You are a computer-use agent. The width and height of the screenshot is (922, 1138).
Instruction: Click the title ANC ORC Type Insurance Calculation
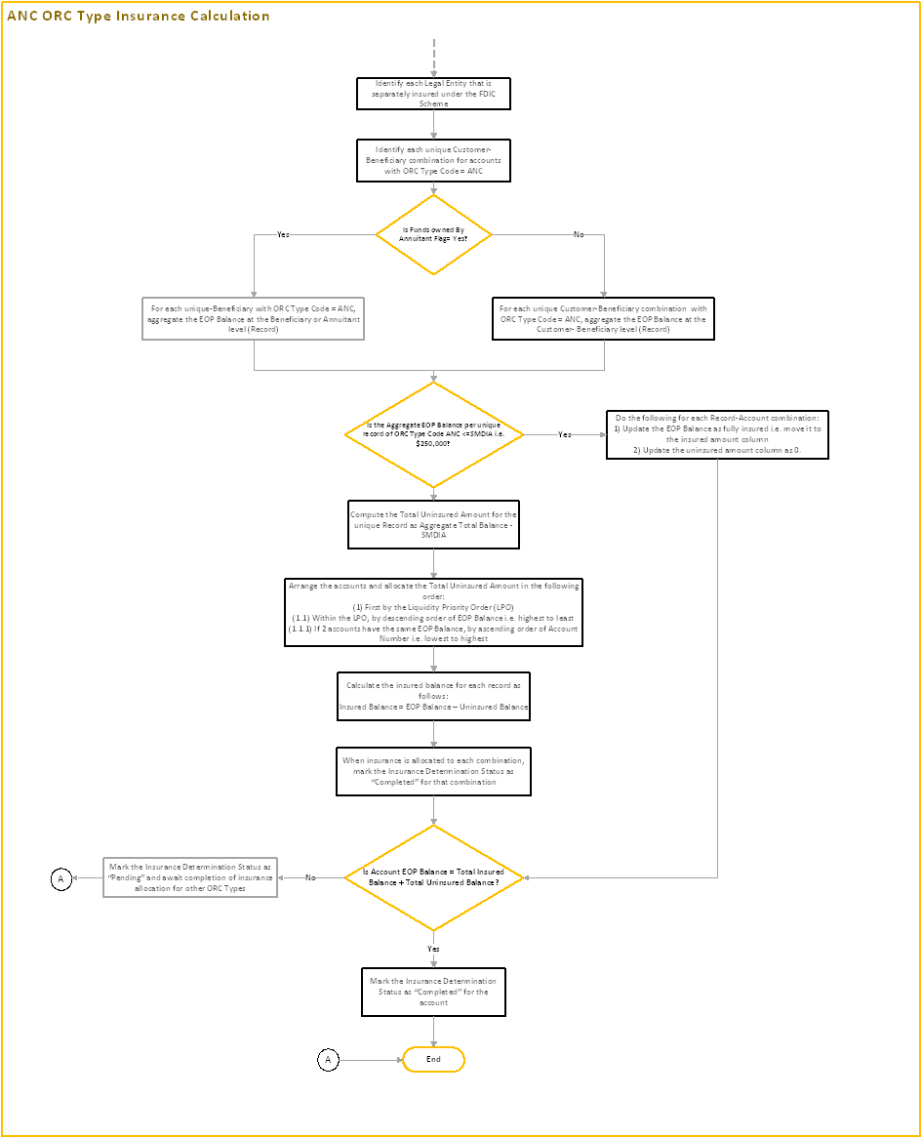(x=139, y=17)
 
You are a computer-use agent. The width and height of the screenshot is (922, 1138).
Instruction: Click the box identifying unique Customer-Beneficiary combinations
(x=433, y=160)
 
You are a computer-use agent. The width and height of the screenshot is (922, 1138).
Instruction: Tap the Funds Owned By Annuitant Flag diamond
(x=433, y=234)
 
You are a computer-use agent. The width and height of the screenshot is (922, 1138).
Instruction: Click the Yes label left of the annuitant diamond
(x=283, y=235)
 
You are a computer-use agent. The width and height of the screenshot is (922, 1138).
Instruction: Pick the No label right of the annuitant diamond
(x=579, y=235)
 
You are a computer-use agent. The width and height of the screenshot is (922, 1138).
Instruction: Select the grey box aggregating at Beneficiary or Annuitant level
(x=254, y=318)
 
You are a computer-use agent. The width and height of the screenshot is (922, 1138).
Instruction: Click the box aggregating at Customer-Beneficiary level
(x=603, y=318)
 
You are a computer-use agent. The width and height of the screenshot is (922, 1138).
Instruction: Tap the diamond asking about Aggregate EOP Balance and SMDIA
(x=433, y=434)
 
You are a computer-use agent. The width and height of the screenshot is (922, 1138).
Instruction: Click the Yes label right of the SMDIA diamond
(x=564, y=434)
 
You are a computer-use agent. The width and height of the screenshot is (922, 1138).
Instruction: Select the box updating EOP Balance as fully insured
(x=717, y=434)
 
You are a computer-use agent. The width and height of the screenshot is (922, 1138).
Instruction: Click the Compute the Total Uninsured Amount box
(x=433, y=524)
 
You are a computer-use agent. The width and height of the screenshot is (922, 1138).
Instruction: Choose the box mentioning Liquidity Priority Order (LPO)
(x=433, y=612)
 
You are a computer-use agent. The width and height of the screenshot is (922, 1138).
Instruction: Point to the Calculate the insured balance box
(x=433, y=696)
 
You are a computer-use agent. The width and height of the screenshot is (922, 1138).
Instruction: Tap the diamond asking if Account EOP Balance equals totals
(x=433, y=877)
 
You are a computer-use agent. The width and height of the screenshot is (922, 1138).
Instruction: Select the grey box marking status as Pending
(x=190, y=877)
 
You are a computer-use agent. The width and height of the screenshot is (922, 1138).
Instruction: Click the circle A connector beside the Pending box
(x=60, y=879)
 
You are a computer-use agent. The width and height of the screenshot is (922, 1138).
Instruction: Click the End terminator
(x=433, y=1059)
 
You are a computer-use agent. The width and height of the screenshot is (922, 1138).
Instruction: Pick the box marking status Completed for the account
(x=433, y=991)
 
